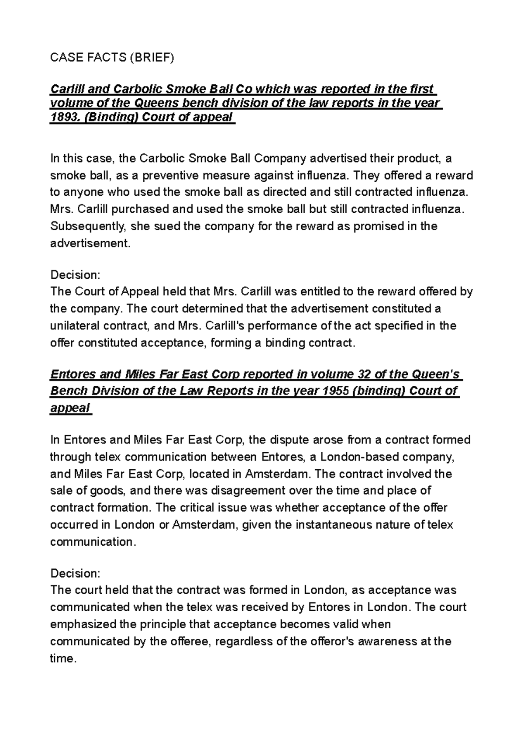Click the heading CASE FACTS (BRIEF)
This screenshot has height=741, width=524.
pos(112,58)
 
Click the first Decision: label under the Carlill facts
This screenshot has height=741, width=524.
pos(75,275)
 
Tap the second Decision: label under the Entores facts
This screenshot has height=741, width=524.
pos(75,573)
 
